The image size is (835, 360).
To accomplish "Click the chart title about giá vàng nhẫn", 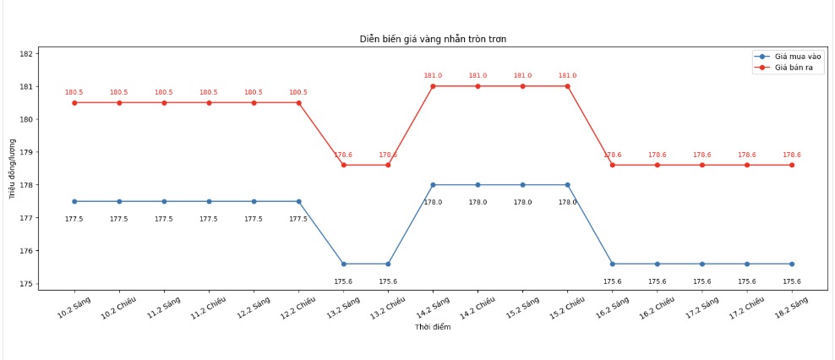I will coord(434,39).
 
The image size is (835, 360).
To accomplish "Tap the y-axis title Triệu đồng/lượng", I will coord(13,168).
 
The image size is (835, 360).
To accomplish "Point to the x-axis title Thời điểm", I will coord(433,327).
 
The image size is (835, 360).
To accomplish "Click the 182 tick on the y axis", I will coord(50,53).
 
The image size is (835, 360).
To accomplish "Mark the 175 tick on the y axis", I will coord(50,284).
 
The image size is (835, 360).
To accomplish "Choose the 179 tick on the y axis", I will coord(50,152).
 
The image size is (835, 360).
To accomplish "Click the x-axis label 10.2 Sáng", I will coord(73,306).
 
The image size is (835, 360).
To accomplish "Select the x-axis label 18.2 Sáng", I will coord(791,306).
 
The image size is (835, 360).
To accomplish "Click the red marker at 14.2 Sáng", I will coord(433,86).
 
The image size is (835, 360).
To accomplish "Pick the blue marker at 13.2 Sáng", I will coord(343,264).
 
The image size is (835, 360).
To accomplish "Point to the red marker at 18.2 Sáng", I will coord(792,165).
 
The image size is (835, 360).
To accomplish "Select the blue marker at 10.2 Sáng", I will coord(74,201).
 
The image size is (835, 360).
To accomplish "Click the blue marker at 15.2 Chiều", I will coord(567,185).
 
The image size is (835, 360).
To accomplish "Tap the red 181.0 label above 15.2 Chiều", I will coord(567,76).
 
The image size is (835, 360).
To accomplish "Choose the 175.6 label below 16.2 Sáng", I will coord(612,281).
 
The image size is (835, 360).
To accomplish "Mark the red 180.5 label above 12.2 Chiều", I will coord(298,93).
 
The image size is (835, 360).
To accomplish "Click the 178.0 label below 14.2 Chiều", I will coord(478,202).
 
